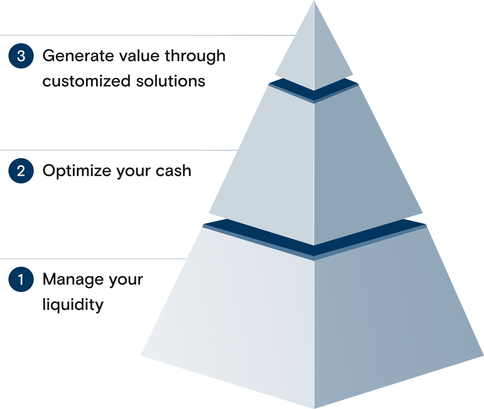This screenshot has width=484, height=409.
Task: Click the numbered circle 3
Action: [21, 56]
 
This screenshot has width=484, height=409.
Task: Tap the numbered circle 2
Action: [21, 171]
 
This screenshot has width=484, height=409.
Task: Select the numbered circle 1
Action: [21, 279]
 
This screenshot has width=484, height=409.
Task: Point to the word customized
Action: [86, 81]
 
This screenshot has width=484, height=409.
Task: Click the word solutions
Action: [171, 81]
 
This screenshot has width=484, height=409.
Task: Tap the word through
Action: [195, 56]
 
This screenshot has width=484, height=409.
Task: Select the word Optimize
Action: [77, 171]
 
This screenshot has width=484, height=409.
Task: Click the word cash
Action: [173, 171]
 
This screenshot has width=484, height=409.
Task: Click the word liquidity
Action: [73, 304]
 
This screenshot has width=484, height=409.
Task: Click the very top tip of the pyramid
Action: [314, 1]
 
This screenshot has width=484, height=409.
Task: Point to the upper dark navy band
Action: [314, 91]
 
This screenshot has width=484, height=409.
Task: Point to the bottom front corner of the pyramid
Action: [314, 408]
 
